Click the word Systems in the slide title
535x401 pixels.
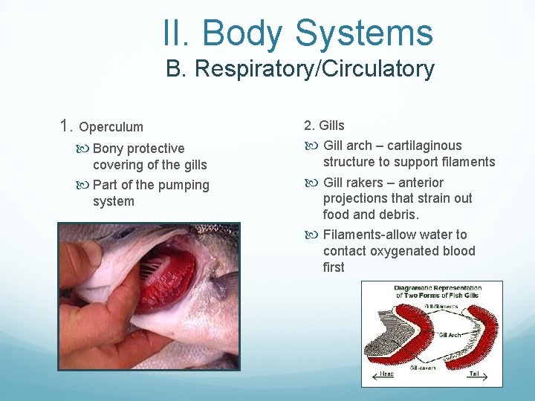click(x=363, y=33)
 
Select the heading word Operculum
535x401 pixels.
click(x=111, y=127)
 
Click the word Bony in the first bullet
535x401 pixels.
click(x=109, y=149)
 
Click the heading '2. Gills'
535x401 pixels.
click(x=324, y=125)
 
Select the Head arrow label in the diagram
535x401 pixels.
click(x=386, y=374)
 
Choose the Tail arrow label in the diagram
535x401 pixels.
click(x=473, y=374)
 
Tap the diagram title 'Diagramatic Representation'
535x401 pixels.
click(x=438, y=288)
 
